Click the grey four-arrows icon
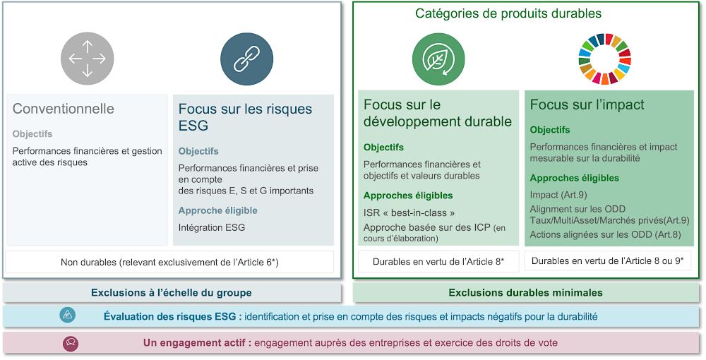click(88, 59)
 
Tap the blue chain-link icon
click(246, 59)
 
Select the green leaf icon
click(438, 59)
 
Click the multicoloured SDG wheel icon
click(605, 59)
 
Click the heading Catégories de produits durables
click(508, 13)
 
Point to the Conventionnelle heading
click(64, 109)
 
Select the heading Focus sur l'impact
click(587, 104)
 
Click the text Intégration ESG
click(212, 227)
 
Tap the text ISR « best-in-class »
click(409, 212)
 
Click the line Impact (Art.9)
click(558, 195)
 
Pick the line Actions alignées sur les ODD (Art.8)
click(605, 234)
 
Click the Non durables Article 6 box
click(169, 262)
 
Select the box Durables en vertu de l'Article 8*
click(438, 261)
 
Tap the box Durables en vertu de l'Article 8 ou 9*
click(608, 260)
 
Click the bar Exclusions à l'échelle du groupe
click(172, 293)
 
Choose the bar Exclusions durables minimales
click(526, 293)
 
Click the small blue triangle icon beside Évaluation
click(68, 315)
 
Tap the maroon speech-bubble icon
click(71, 343)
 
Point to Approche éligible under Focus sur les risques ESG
click(218, 210)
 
